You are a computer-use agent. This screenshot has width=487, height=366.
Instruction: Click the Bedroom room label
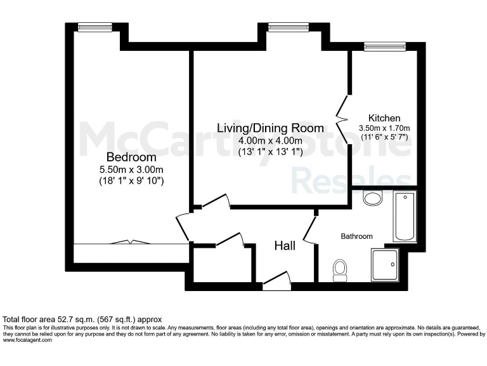tap(131, 157)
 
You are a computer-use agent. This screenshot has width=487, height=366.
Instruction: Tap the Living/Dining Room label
tap(271, 128)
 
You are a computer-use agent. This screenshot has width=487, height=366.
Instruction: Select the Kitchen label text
tap(384, 118)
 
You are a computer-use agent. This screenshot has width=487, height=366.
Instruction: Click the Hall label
tap(285, 245)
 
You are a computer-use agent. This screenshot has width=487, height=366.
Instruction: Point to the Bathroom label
tap(357, 236)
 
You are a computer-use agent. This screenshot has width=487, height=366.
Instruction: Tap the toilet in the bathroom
tap(341, 269)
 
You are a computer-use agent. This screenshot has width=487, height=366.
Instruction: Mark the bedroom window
tap(94, 27)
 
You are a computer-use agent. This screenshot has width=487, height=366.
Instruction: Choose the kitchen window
tap(385, 46)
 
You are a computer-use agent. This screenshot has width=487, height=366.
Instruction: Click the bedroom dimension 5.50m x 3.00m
tap(131, 169)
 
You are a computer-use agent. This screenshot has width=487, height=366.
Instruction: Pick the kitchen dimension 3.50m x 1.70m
tap(384, 129)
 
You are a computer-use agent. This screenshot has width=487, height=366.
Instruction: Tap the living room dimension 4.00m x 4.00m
tap(271, 140)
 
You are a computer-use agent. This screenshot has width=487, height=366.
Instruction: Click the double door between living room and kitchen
tap(344, 109)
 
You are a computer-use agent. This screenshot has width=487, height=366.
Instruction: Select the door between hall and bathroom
tap(310, 229)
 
